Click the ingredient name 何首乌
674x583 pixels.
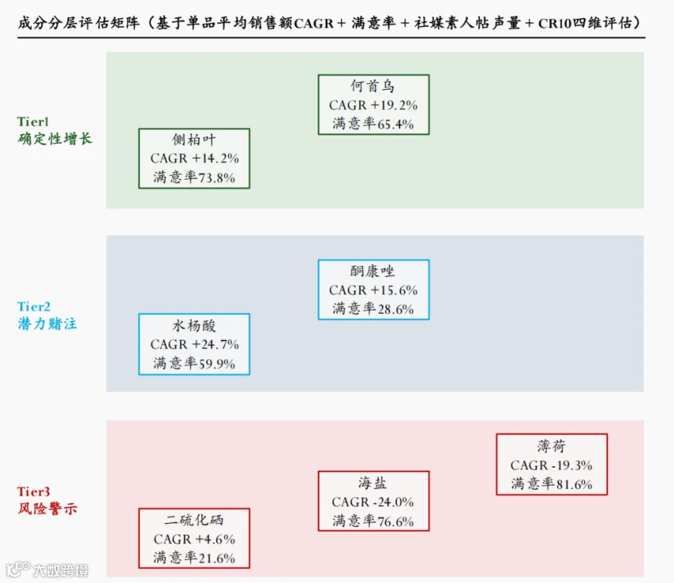[372, 86]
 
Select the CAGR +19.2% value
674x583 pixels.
[373, 106]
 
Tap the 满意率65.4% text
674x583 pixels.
[373, 123]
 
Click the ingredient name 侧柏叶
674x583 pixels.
[194, 140]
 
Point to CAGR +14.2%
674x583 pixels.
[194, 159]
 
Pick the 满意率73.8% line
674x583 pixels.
[194, 177]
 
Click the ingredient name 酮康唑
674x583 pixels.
[372, 271]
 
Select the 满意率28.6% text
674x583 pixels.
[373, 308]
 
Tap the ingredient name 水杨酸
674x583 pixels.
[194, 326]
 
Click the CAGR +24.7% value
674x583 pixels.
[194, 344]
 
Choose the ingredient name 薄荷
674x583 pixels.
[551, 446]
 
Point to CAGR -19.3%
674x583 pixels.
[551, 466]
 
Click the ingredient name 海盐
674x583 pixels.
[372, 483]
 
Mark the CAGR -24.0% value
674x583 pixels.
[373, 502]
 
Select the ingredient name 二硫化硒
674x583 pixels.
[194, 520]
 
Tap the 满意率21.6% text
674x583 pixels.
[194, 558]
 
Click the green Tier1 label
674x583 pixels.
[33, 121]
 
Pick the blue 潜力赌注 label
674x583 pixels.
[47, 323]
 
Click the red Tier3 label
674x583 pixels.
[34, 492]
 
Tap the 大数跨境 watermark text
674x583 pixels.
[61, 570]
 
